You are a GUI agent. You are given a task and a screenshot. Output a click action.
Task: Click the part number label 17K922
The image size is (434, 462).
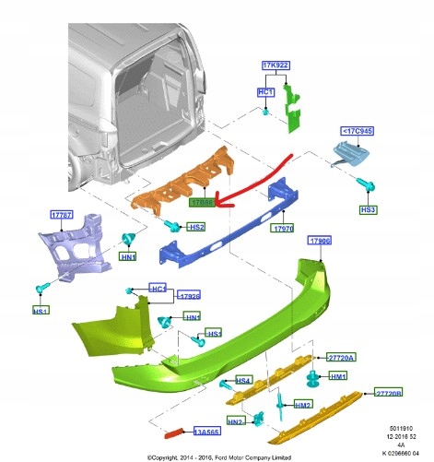coord(275,66)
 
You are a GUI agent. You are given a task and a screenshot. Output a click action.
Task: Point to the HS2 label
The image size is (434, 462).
coord(196,226)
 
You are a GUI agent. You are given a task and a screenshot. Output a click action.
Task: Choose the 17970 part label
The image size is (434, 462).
coord(281,227)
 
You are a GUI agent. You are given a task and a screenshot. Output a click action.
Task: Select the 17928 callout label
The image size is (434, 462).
coord(188,297)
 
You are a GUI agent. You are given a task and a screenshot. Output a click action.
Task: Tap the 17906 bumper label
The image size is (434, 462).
coord(319,242)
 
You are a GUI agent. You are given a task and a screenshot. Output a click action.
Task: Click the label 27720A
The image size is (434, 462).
coord(339,357)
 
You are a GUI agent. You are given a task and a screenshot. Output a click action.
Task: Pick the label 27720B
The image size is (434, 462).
coord(388,392)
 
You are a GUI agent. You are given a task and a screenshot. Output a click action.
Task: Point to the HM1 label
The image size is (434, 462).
coord(338,376)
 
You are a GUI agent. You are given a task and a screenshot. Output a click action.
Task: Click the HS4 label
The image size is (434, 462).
coord(244,380)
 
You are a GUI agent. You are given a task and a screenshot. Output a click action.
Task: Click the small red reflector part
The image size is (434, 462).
coord(174,431)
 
